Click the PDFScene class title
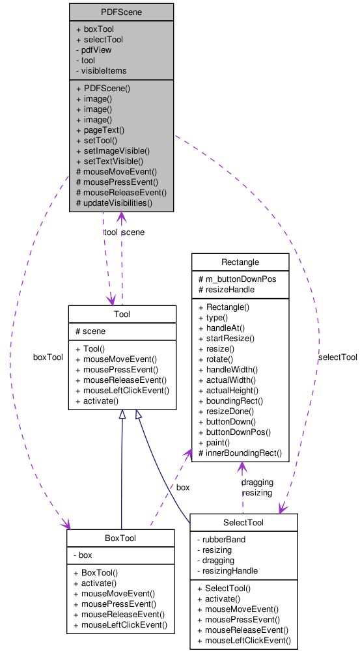121,12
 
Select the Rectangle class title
240,262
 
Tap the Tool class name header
122,314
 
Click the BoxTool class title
120,538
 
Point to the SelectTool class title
243,523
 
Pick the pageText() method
100,130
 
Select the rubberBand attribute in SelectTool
223,539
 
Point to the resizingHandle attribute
230,570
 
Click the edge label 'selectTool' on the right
337,357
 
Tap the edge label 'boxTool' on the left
48,357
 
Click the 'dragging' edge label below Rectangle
256,482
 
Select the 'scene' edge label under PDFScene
133,232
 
